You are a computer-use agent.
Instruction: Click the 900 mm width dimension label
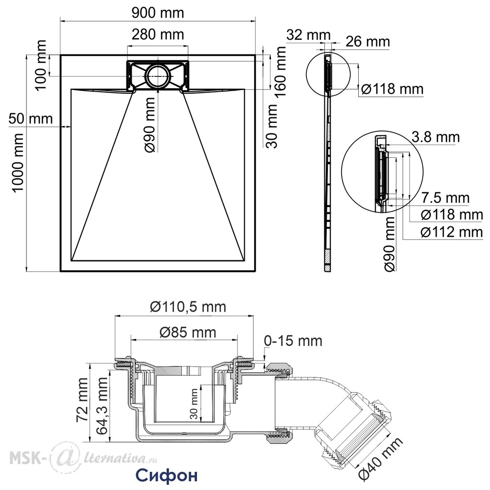(x=158, y=13)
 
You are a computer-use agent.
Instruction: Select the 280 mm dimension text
(x=158, y=34)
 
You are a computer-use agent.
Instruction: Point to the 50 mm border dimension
(x=30, y=119)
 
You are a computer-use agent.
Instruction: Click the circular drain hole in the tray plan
(x=158, y=76)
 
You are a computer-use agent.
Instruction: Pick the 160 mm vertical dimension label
(x=280, y=72)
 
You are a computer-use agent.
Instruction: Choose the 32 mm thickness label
(x=308, y=35)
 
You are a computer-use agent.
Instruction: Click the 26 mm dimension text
(x=368, y=42)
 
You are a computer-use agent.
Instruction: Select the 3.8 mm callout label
(x=436, y=137)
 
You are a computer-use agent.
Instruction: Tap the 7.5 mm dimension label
(x=445, y=198)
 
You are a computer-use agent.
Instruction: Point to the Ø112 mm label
(x=452, y=232)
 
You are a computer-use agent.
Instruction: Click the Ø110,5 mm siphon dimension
(x=188, y=307)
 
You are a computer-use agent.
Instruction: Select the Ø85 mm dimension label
(x=188, y=332)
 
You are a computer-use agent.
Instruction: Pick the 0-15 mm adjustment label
(x=293, y=341)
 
